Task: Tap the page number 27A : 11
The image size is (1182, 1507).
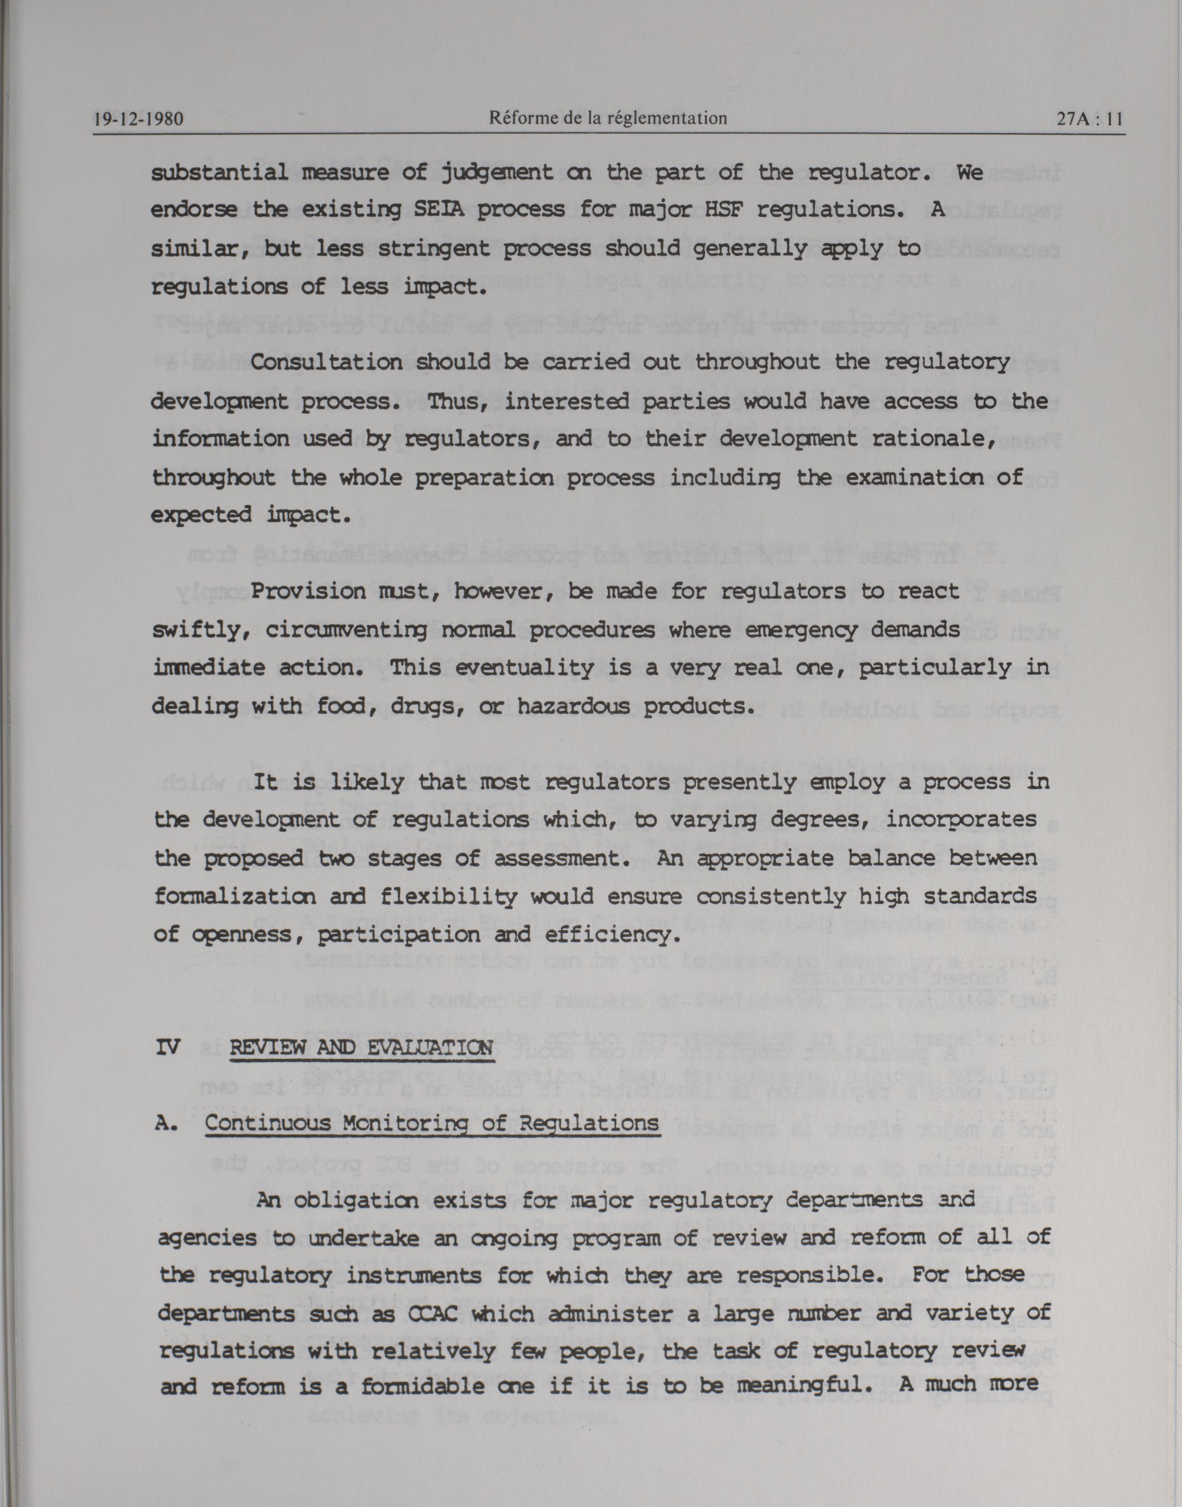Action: point(1089,119)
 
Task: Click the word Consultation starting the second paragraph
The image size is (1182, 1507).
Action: point(327,362)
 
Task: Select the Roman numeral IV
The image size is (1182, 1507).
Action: point(167,1047)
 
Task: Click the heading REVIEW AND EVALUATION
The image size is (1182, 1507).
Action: point(361,1047)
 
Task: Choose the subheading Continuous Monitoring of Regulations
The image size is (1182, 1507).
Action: point(432,1123)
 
